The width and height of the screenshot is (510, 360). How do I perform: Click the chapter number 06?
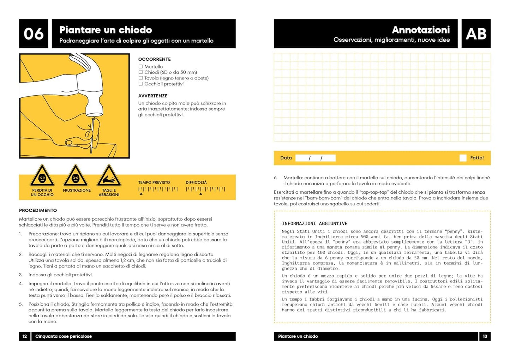(x=34, y=34)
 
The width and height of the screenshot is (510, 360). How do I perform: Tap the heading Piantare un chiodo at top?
(x=106, y=30)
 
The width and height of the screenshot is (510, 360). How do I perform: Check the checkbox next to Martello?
(x=140, y=66)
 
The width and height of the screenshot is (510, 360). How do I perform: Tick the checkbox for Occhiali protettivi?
(x=140, y=84)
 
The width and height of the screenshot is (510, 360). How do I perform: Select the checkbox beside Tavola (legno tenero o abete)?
(x=140, y=78)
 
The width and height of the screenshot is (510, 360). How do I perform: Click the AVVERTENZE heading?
(x=153, y=96)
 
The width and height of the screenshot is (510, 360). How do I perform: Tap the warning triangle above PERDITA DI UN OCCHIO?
(x=42, y=176)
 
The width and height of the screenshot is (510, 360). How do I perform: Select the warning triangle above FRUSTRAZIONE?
(x=76, y=176)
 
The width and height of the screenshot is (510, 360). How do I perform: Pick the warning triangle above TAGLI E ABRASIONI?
(x=109, y=176)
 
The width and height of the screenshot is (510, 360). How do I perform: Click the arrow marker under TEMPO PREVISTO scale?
(x=141, y=194)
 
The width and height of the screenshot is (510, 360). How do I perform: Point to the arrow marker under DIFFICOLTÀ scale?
(x=200, y=194)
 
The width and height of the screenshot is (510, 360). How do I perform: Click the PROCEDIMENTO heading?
(x=38, y=210)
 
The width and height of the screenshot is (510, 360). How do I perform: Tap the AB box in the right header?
(x=476, y=34)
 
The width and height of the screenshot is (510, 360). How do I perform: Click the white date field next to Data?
(x=315, y=158)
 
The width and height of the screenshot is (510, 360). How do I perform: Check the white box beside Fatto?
(x=463, y=158)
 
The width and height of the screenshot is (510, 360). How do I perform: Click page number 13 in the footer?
(x=485, y=336)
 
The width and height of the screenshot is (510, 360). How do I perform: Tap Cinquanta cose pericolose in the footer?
(x=64, y=336)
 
